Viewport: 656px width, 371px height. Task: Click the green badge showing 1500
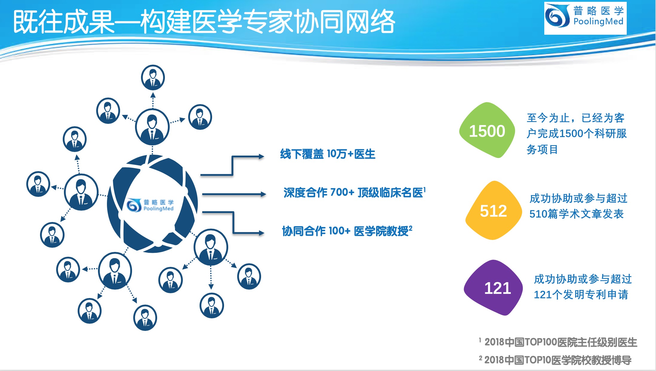point(487,130)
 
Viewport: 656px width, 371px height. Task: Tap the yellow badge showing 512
point(493,210)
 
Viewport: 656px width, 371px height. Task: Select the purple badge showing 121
point(493,288)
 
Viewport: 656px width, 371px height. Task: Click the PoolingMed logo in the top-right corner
point(585,18)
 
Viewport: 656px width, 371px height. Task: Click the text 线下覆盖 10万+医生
point(328,154)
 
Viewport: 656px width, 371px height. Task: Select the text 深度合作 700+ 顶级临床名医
point(354,192)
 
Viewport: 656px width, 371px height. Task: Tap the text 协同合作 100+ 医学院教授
point(347,231)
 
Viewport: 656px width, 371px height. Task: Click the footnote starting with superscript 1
point(558,342)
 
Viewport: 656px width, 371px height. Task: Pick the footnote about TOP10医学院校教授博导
point(555,360)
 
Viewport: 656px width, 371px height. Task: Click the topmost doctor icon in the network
point(153,77)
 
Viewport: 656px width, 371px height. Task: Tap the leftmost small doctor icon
point(38,184)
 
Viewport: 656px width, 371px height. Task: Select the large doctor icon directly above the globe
point(152,127)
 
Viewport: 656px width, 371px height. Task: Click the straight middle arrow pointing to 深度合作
point(234,194)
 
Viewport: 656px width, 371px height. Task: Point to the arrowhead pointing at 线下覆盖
point(261,156)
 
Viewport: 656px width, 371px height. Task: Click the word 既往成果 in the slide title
point(64,22)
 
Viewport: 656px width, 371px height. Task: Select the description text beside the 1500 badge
point(577,133)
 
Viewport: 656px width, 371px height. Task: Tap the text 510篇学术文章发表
point(577,214)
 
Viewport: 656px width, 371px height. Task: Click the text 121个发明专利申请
point(581,295)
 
